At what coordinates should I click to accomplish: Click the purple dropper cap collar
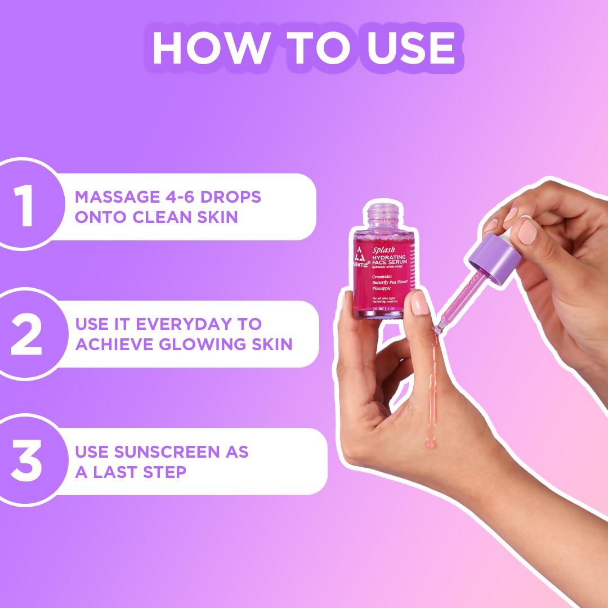(494, 260)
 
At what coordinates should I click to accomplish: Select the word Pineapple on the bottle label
(385, 288)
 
